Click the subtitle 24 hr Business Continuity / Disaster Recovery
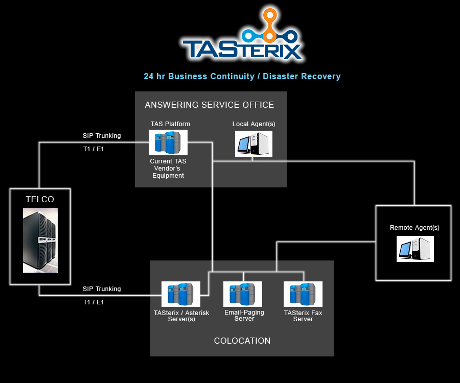click(242, 76)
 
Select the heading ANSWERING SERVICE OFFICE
click(210, 105)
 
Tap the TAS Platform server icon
click(168, 142)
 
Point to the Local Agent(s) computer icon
click(254, 143)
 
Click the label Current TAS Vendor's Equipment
click(168, 169)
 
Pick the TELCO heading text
click(40, 199)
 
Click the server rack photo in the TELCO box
click(40, 240)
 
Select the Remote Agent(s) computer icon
click(415, 249)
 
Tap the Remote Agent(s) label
click(415, 228)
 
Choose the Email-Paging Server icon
click(243, 294)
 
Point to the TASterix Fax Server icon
click(303, 294)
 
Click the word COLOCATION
click(242, 341)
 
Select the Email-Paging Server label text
click(244, 315)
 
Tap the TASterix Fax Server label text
click(303, 316)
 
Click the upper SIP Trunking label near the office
click(102, 136)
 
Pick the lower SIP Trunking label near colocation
click(102, 289)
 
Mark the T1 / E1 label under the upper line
click(94, 149)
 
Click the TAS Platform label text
click(170, 124)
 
